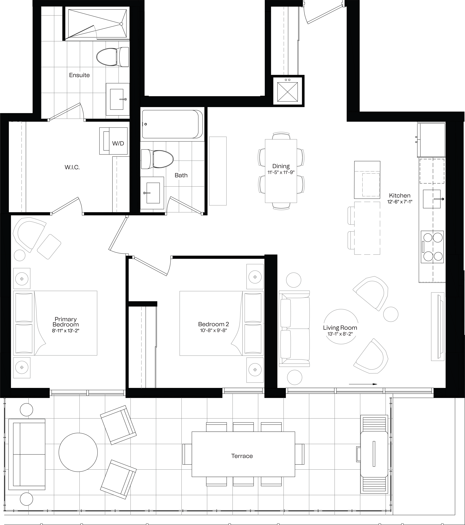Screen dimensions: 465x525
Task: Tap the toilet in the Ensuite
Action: [x=113, y=56]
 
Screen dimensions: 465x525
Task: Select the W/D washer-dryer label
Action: [x=118, y=143]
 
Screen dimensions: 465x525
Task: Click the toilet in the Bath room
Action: [x=157, y=159]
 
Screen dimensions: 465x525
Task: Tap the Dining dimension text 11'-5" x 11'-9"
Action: [x=281, y=172]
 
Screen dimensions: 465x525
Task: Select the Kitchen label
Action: [x=400, y=195]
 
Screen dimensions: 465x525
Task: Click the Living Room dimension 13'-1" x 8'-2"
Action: [x=340, y=334]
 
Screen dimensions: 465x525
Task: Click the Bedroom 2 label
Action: [x=214, y=324]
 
